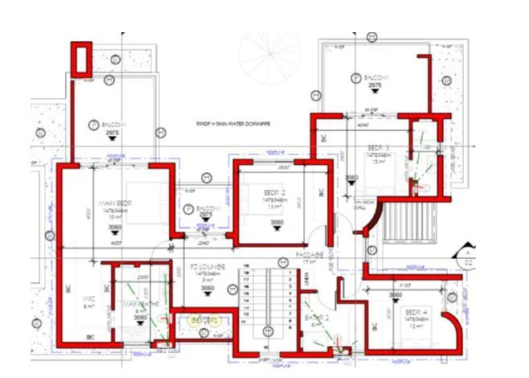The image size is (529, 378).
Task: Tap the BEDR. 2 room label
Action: pos(269,193)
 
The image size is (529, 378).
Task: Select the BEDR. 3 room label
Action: pos(378,148)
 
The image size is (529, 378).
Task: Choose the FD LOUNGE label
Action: pos(207,266)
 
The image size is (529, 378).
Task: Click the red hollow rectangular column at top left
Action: pos(82,59)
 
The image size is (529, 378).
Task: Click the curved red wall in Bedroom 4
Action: pos(456,330)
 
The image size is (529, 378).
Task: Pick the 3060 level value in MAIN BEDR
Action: pos(115,228)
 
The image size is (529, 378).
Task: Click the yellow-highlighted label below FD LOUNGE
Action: pos(205,319)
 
